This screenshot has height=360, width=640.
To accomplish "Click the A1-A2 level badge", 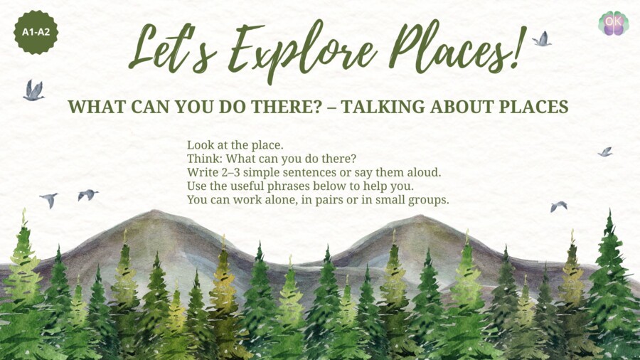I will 36,32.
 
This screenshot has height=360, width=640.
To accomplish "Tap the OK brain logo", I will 613,23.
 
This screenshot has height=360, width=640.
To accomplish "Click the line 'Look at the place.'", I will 235,145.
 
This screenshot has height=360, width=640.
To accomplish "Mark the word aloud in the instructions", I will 438,172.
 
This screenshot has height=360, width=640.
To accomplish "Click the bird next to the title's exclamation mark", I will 542,39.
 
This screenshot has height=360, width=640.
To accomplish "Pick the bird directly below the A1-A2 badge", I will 33,90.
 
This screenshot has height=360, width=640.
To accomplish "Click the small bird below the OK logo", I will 605,152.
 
